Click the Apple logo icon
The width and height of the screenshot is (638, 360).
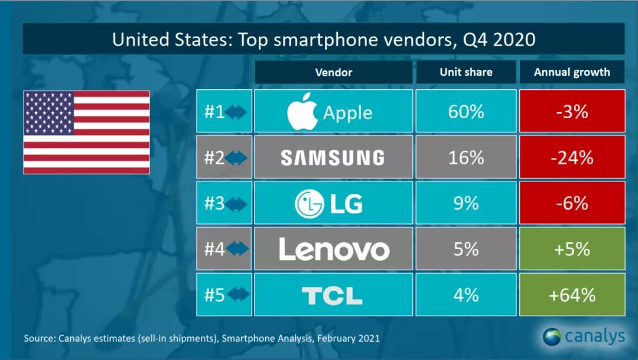pos(302,111)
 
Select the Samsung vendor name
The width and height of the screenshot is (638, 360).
pos(333,157)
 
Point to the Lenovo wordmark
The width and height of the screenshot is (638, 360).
pos(334,249)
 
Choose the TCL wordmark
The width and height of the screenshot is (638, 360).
pos(332,295)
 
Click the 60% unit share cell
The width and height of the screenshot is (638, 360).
pos(466,111)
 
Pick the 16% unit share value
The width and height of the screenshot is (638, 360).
pos(466,157)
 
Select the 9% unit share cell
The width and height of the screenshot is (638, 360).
pos(466,203)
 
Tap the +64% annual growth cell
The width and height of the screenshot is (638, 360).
pos(572,295)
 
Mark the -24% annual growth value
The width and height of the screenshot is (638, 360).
pos(572,157)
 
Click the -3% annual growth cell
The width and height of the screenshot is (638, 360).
pos(572,111)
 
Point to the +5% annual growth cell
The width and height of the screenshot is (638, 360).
pos(572,249)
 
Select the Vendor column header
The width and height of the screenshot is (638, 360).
pos(334,72)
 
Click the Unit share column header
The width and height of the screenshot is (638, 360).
pos(466,72)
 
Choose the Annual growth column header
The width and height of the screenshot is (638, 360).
pos(572,72)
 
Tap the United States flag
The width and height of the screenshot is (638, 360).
pos(86,132)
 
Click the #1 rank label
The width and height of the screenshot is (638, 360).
pos(214,111)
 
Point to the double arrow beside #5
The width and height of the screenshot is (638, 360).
pos(236,295)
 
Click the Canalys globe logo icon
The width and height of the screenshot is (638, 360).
pos(552,337)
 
